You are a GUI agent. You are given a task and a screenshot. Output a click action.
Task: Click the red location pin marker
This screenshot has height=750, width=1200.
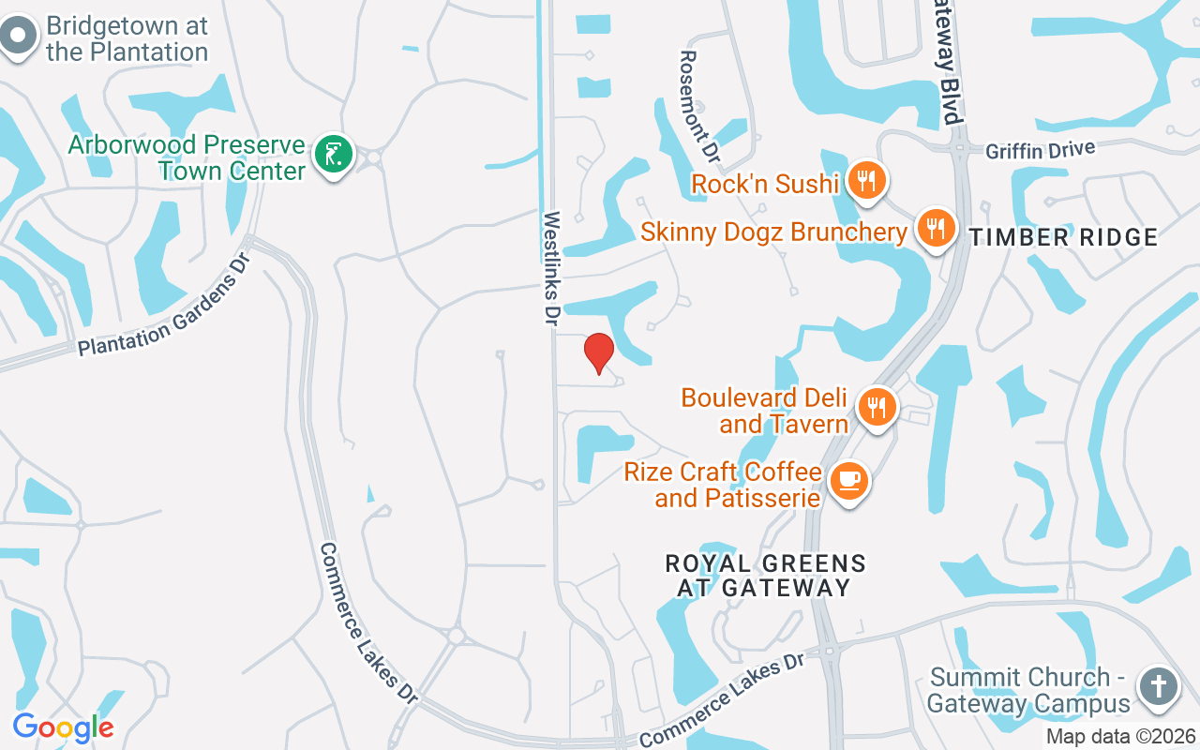tap(598, 352)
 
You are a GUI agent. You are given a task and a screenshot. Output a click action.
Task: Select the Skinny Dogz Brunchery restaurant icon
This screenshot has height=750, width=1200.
tap(935, 228)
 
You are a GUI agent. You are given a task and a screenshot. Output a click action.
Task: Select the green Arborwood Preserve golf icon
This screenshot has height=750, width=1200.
tap(333, 155)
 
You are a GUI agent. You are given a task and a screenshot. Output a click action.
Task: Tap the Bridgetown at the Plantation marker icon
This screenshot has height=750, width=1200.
tap(18, 37)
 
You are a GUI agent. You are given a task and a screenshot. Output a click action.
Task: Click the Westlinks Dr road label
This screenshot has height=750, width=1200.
tap(551, 268)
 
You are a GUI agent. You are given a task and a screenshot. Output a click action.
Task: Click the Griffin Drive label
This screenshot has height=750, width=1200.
tap(1040, 148)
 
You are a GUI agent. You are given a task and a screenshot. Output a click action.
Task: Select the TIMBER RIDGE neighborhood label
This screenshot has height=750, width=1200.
tap(1064, 238)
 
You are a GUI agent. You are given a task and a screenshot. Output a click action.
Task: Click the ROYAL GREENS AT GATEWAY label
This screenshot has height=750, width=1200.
tap(765, 576)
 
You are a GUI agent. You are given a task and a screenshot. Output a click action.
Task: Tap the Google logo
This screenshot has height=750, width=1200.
tap(63, 727)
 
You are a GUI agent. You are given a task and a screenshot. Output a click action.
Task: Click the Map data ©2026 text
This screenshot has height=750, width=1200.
tap(1121, 736)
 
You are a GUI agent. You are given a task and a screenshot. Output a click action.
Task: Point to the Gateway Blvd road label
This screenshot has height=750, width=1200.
tap(949, 62)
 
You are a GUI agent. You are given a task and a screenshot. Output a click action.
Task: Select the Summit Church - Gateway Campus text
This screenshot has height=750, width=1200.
tap(1029, 690)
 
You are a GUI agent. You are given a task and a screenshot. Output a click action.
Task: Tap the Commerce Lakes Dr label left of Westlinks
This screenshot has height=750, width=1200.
tap(368, 622)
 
